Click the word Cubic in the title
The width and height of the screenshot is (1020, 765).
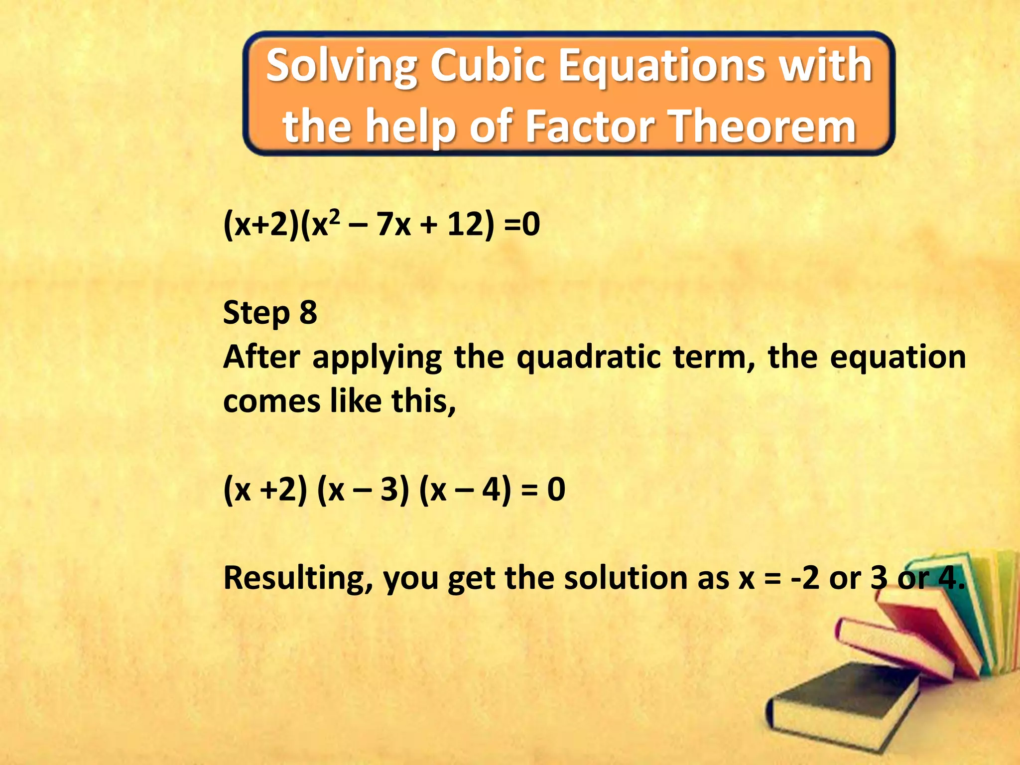click(489, 66)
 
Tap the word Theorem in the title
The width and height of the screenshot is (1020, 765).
click(762, 127)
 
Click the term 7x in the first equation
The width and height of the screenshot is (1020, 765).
click(393, 224)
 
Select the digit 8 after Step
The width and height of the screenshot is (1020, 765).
click(308, 313)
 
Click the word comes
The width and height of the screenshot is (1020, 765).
click(271, 401)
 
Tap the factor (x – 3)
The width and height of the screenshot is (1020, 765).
click(363, 489)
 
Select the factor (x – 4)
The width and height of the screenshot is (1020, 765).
click(465, 489)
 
